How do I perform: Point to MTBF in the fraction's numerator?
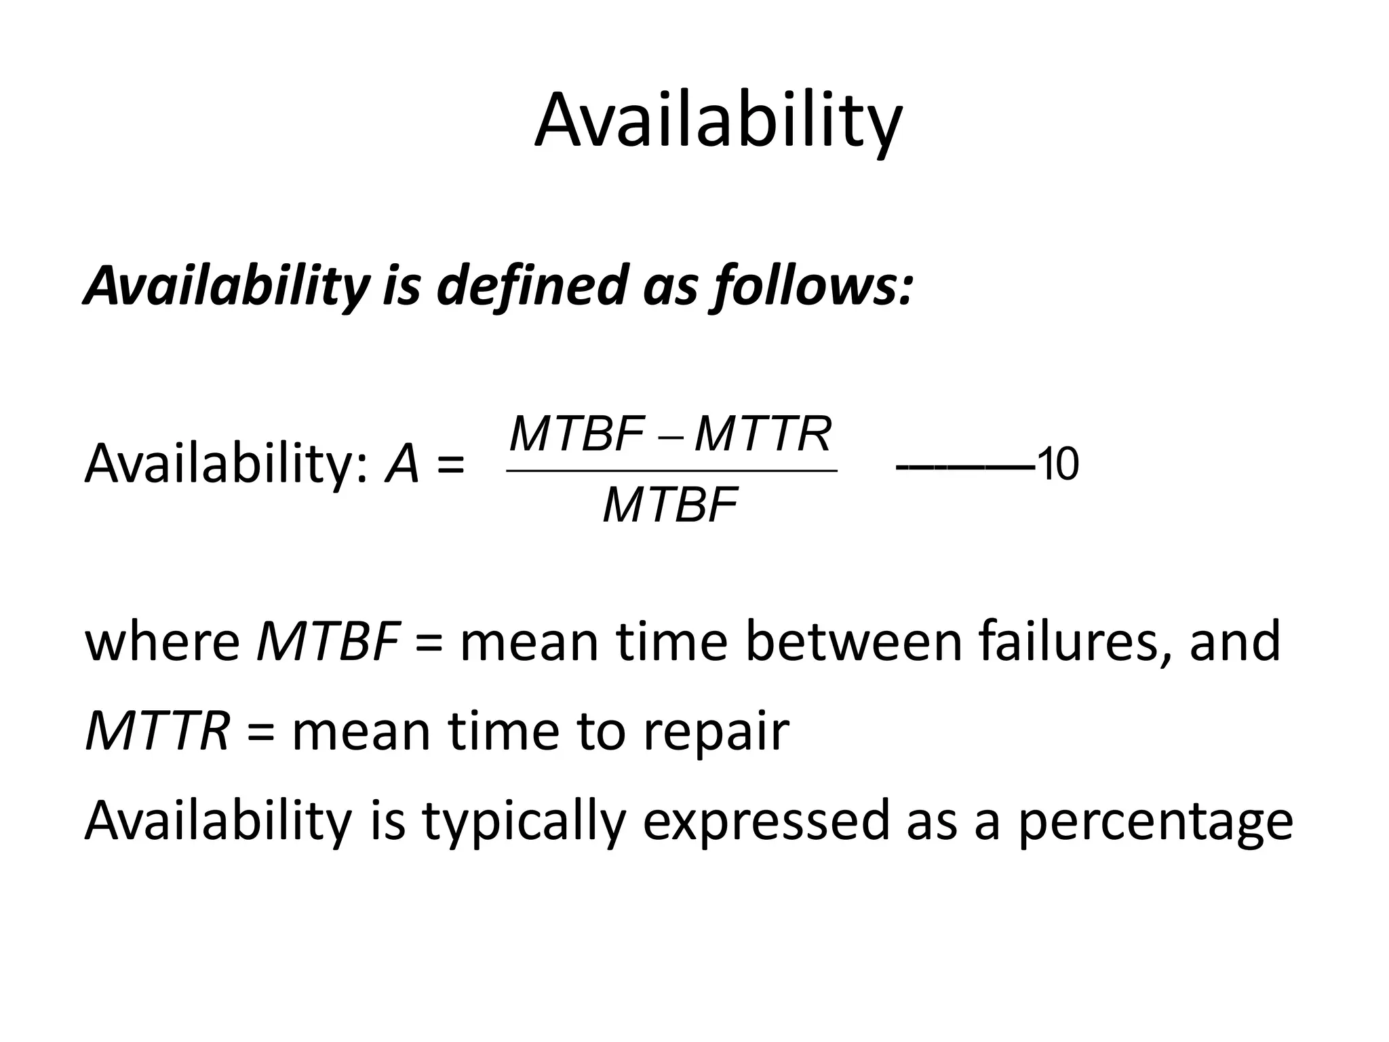click(576, 434)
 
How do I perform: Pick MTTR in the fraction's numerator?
click(763, 434)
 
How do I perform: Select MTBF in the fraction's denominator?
click(670, 505)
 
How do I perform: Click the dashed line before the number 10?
click(964, 467)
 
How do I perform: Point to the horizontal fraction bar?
click(671, 469)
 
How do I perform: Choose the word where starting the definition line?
click(161, 641)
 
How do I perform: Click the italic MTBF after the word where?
click(327, 641)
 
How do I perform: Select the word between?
click(854, 641)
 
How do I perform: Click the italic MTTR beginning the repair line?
click(157, 731)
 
